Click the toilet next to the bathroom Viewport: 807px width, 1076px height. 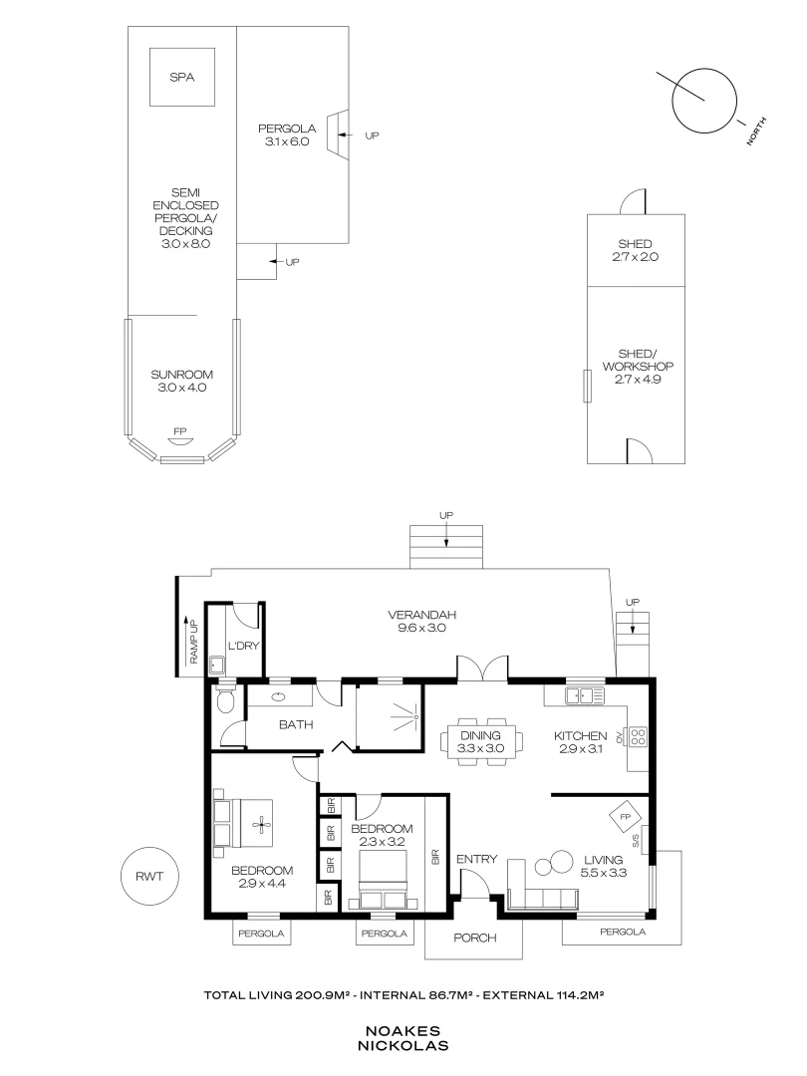click(224, 699)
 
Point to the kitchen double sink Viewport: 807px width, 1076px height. click(585, 695)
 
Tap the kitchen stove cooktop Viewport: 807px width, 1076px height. click(638, 736)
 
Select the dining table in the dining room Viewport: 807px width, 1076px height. click(480, 741)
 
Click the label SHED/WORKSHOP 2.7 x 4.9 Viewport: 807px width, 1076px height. click(638, 366)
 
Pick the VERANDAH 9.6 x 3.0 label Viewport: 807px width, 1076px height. click(421, 621)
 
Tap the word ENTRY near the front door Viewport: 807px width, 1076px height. click(476, 859)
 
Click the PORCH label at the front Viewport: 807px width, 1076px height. click(474, 938)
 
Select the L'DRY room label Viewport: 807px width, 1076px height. click(244, 646)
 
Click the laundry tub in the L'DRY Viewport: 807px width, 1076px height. click(217, 665)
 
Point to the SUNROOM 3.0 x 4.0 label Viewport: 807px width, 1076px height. click(182, 381)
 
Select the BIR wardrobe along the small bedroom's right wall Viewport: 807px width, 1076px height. click(435, 856)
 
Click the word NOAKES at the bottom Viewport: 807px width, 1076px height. click(403, 1031)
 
